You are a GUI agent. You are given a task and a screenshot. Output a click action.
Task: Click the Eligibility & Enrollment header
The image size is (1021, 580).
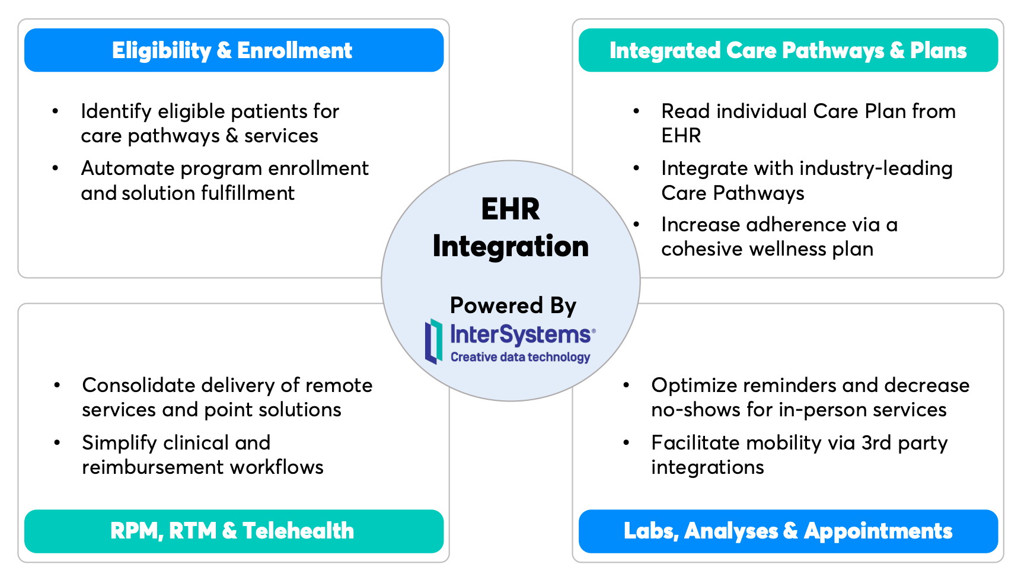(x=234, y=50)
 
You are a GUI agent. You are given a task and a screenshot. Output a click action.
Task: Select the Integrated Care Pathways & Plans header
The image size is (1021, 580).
(x=788, y=50)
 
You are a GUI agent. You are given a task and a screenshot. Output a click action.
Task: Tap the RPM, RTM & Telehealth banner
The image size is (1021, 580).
(x=234, y=531)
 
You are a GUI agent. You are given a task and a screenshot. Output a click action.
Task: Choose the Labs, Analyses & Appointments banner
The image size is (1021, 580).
(x=788, y=531)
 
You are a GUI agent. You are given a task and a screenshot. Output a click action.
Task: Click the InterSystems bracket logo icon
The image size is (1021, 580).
(x=433, y=341)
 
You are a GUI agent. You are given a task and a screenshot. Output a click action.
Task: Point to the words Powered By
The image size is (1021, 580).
(x=513, y=305)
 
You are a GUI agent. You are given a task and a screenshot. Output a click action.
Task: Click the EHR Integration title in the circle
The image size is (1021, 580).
(x=510, y=227)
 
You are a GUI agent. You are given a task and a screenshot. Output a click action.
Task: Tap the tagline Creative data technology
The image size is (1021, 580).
(x=520, y=357)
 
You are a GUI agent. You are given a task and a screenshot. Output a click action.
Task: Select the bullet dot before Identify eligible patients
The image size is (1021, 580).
(x=55, y=111)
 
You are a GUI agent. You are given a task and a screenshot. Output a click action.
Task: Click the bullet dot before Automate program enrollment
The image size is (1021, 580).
(x=55, y=168)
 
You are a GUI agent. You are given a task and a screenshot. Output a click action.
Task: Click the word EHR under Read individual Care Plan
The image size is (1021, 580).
(x=681, y=136)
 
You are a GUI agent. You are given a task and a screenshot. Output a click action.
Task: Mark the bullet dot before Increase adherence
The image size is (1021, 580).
(x=636, y=224)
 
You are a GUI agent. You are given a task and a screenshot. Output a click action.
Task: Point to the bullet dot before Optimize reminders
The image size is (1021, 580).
(x=626, y=385)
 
